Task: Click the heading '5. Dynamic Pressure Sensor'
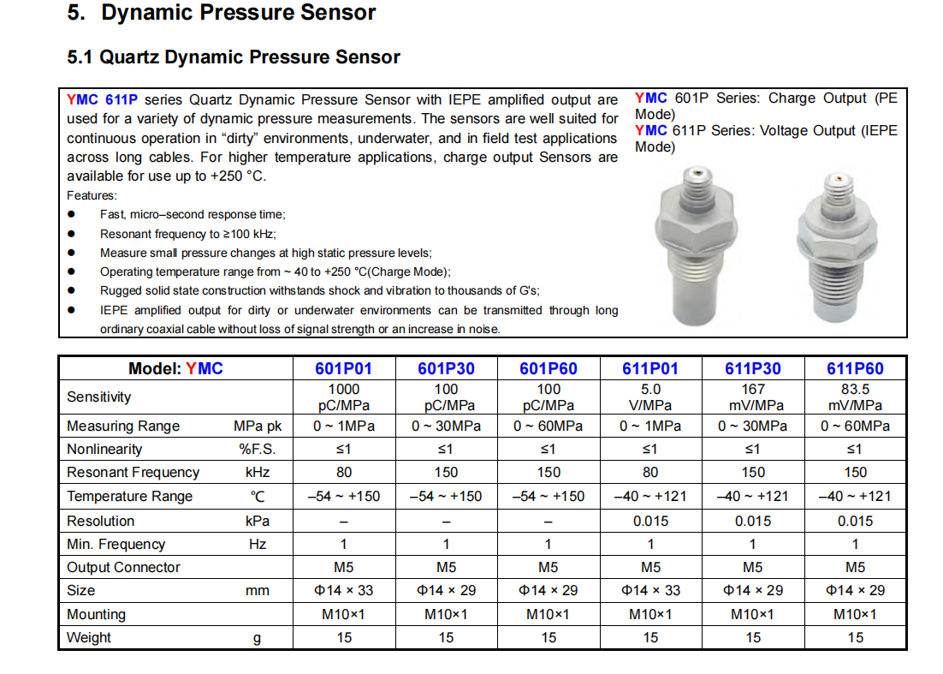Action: pyautogui.click(x=221, y=14)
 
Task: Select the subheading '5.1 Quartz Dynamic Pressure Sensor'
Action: pyautogui.click(x=234, y=57)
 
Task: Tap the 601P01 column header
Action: pyautogui.click(x=343, y=368)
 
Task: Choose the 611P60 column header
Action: pyautogui.click(x=855, y=368)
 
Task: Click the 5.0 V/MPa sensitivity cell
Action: pyautogui.click(x=650, y=397)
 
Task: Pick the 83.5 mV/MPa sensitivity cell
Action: pyautogui.click(x=855, y=397)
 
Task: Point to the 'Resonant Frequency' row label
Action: pyautogui.click(x=133, y=472)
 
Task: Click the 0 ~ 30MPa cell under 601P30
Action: pyautogui.click(x=446, y=426)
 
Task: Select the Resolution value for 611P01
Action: pyautogui.click(x=650, y=521)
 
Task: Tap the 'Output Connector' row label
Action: pyautogui.click(x=123, y=567)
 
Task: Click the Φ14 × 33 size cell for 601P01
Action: pyautogui.click(x=343, y=590)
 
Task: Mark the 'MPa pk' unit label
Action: pyautogui.click(x=258, y=426)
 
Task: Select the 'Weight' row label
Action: pyautogui.click(x=89, y=637)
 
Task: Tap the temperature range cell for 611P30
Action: pyautogui.click(x=753, y=496)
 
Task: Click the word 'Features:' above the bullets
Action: pyautogui.click(x=92, y=195)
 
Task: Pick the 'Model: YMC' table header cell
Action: pyautogui.click(x=175, y=368)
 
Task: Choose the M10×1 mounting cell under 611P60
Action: pyautogui.click(x=855, y=614)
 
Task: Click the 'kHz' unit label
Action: pyautogui.click(x=258, y=472)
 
